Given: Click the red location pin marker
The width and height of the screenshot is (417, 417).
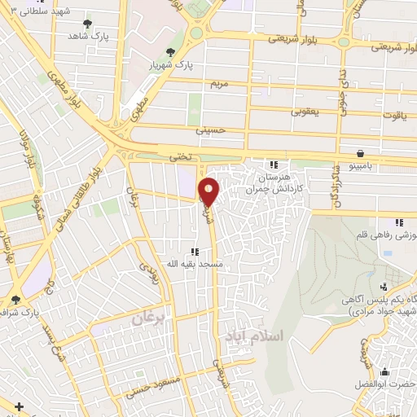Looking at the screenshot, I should (209, 191).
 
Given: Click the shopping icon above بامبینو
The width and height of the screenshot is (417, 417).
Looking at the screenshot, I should (359, 152).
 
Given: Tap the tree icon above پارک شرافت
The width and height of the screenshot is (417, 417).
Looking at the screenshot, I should (15, 301).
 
